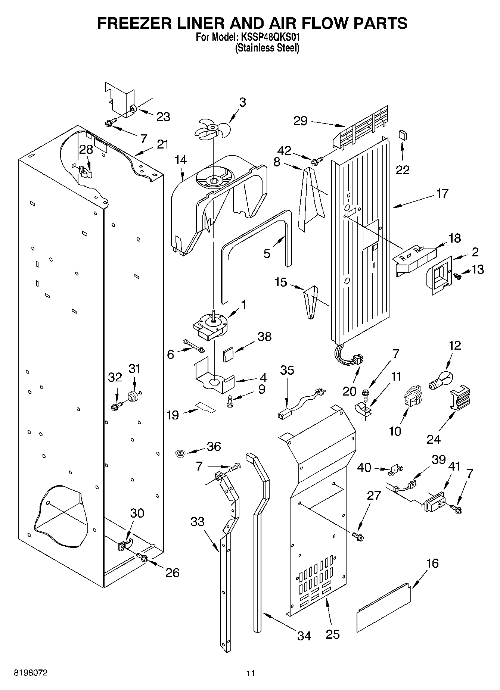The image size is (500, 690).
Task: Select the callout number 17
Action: click(x=442, y=194)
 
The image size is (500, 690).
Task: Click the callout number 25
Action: click(x=332, y=634)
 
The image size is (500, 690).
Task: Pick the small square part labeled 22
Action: click(x=403, y=134)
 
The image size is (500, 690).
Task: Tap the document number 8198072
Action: click(x=31, y=673)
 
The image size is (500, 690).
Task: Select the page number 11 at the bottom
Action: click(x=250, y=673)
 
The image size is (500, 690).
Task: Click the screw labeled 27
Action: click(x=358, y=536)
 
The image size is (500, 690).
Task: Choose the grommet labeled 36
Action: click(x=181, y=454)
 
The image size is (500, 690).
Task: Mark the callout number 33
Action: click(x=198, y=521)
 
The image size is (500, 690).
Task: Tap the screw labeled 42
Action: click(x=316, y=161)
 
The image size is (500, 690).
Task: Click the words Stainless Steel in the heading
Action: click(x=267, y=48)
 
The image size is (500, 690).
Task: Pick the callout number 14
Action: click(x=181, y=160)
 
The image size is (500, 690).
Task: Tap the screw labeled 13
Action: click(x=457, y=276)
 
